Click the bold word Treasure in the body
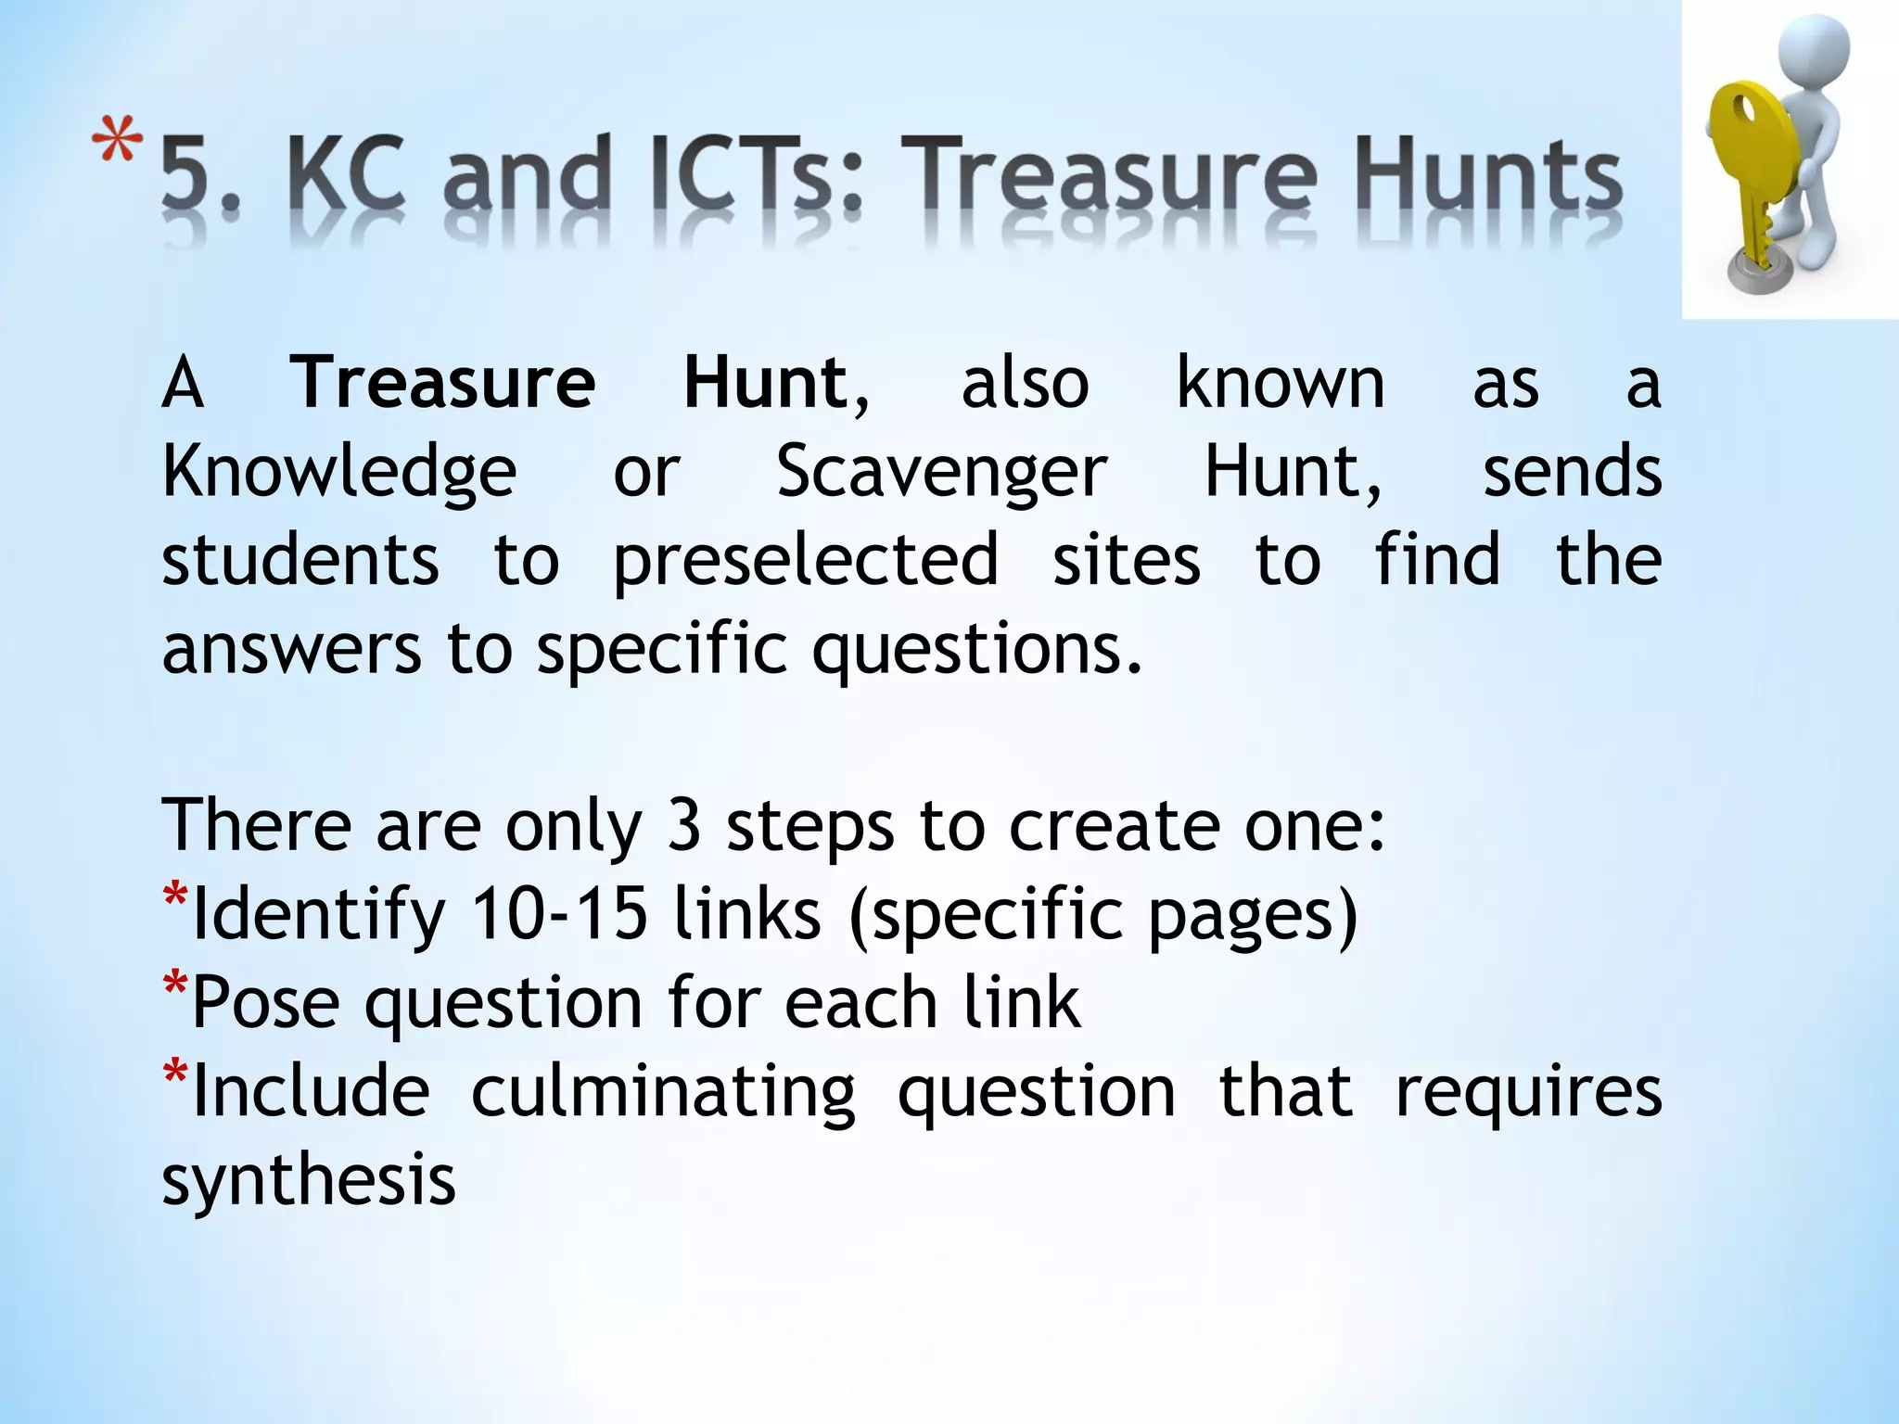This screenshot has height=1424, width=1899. point(443,384)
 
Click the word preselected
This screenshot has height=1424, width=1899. point(806,561)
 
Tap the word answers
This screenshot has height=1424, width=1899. point(291,649)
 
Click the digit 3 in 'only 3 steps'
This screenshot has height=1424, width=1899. point(683,825)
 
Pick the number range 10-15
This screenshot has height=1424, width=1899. point(558,914)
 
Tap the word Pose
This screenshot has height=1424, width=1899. point(265,1003)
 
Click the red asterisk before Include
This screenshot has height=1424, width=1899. point(174,1075)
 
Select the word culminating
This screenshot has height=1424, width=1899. point(663,1092)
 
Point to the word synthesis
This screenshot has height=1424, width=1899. point(309,1181)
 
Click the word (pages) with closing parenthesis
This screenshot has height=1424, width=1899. point(1252,914)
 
